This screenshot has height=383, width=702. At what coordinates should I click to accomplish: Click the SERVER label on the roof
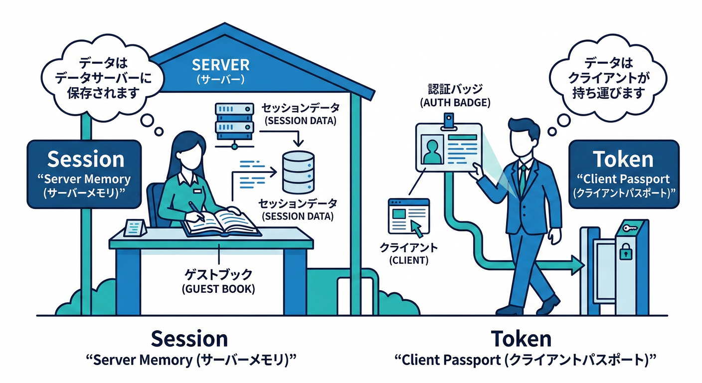tap(220, 65)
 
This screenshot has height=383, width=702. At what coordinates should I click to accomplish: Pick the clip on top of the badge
tap(449, 120)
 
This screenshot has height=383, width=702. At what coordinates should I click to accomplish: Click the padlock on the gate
tap(625, 253)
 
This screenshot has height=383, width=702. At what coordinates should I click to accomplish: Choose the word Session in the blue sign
tap(85, 159)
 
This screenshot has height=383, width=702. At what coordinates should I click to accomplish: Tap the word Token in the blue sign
tap(623, 159)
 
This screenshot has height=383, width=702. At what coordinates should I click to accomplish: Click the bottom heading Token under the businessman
tap(522, 339)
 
